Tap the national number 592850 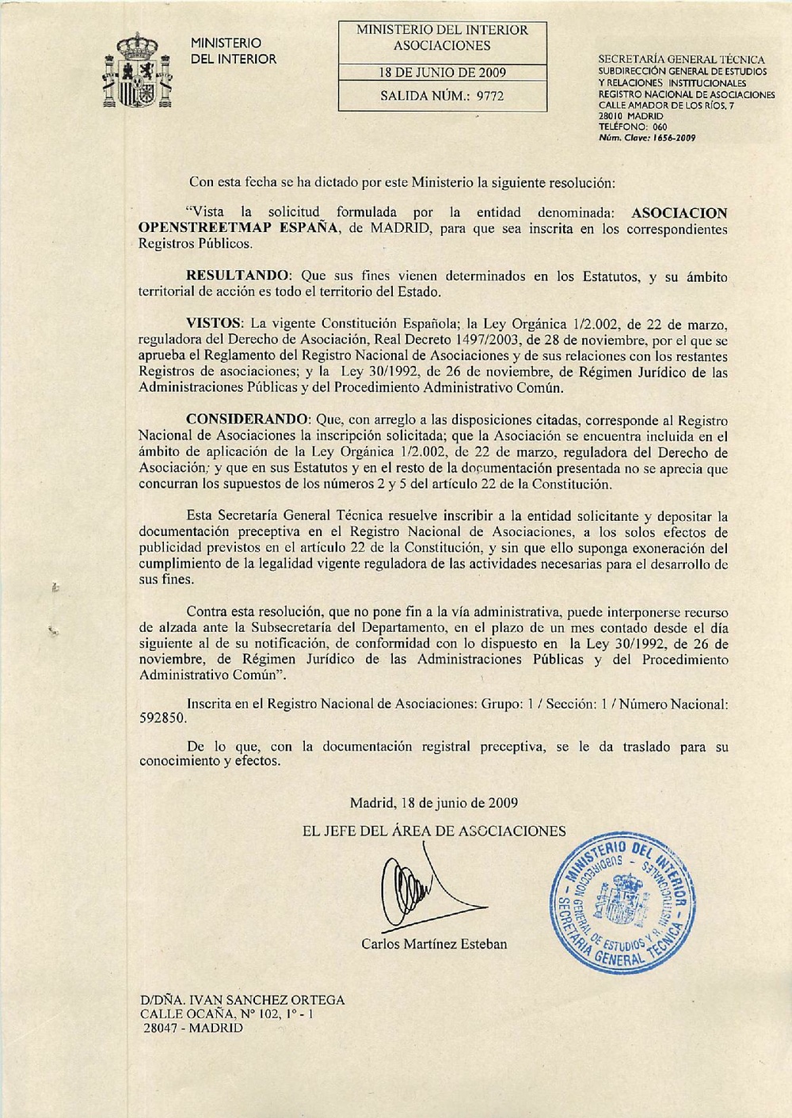162,718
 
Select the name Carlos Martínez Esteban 434,944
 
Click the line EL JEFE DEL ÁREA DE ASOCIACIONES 434,831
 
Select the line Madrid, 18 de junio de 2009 434,802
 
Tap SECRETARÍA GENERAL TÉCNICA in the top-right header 681,60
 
